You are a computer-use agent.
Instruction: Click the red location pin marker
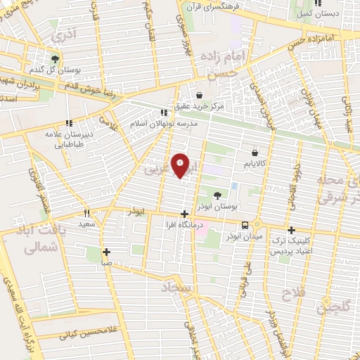point(181,165)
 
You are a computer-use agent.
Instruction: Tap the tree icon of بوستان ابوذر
point(219,177)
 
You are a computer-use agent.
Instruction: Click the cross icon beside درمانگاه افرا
point(184,214)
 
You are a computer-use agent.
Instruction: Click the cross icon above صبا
point(106,251)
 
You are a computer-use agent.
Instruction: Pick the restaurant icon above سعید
point(86,213)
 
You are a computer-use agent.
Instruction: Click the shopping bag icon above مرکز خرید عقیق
point(200,95)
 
